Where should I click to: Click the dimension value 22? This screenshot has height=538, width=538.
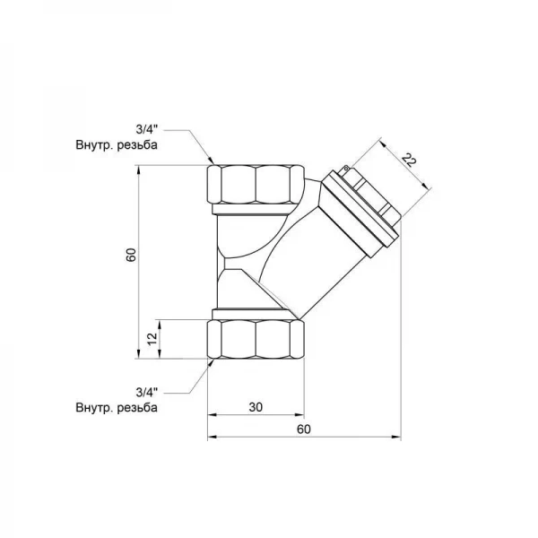coord(409,161)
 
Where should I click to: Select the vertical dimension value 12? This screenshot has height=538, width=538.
coord(152,339)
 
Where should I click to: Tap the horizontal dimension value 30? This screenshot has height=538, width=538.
coord(256,407)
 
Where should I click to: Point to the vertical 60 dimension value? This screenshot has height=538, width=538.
coord(131,255)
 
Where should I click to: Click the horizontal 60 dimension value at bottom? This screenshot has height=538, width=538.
coord(304,430)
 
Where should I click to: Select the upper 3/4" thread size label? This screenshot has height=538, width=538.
coord(147,130)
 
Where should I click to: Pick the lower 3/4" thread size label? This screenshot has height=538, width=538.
coord(147,392)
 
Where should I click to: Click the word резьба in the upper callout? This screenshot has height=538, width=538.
coord(137,145)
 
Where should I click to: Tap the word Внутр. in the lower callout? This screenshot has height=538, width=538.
coord(94,408)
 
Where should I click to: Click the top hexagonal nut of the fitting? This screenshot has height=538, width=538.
coord(256,185)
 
